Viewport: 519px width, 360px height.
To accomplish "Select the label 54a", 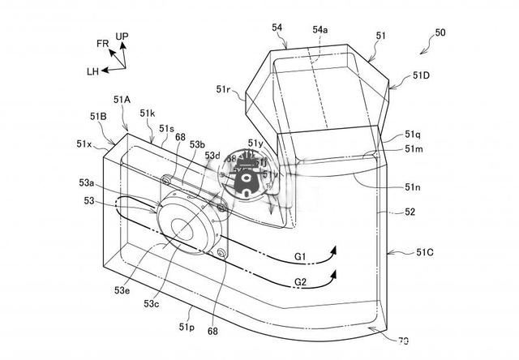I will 320,29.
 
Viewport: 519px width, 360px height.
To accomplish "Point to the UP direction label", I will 122,36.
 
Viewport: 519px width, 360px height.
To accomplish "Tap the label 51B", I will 99,117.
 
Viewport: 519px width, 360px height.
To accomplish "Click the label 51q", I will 414,135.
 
